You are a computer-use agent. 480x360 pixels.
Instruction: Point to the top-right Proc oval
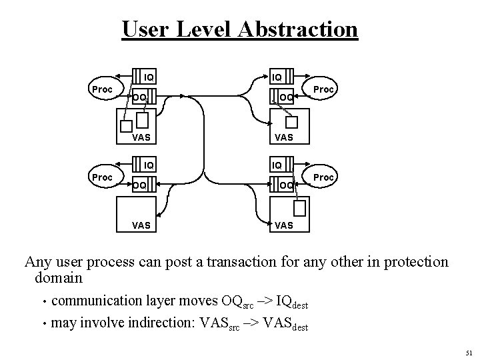(x=323, y=89)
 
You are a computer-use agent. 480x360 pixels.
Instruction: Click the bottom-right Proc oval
(x=323, y=178)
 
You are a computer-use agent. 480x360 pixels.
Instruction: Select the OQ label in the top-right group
(x=285, y=97)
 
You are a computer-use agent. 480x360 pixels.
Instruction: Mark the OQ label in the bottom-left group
(x=139, y=185)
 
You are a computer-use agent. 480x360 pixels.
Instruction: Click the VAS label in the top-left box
(x=141, y=138)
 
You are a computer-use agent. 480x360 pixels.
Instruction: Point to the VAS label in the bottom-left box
(x=141, y=225)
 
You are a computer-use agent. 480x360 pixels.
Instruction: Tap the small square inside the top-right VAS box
(x=291, y=122)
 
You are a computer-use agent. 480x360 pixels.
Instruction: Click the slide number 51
(x=468, y=352)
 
